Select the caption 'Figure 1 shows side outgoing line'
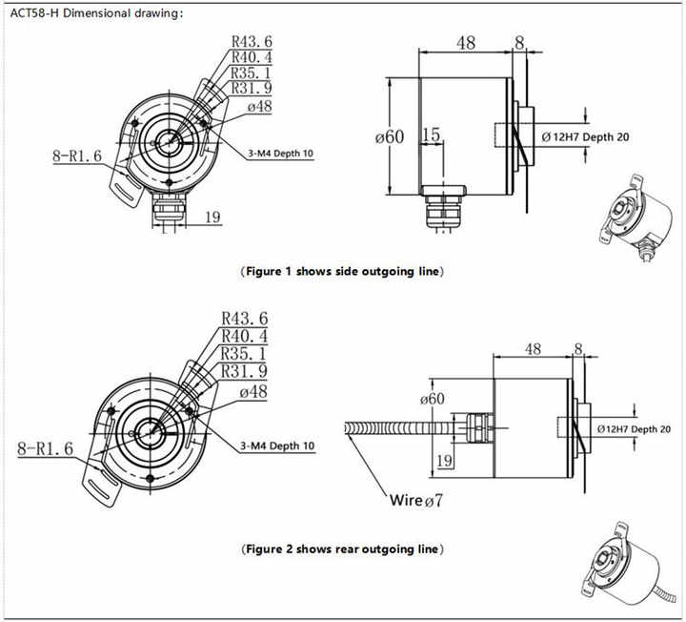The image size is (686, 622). click(343, 272)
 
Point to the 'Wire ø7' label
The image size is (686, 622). click(416, 500)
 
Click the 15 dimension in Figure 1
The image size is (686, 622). click(431, 135)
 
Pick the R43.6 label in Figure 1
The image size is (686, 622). click(252, 42)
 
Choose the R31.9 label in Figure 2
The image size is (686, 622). click(244, 371)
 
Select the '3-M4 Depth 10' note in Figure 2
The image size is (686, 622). click(277, 445)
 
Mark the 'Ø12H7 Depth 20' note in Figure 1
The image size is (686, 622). click(585, 136)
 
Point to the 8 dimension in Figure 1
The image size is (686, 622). click(519, 42)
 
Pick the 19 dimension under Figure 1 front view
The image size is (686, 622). click(212, 218)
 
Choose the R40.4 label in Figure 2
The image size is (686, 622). click(244, 336)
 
